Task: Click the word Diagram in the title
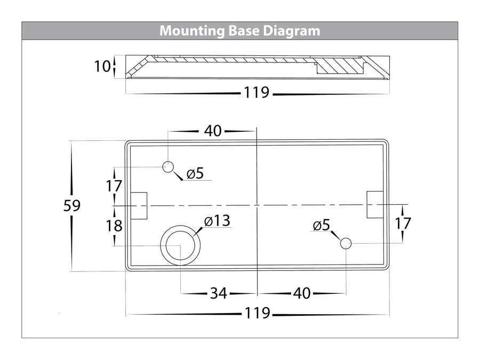pyautogui.click(x=292, y=31)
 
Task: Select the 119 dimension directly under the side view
pyautogui.click(x=257, y=93)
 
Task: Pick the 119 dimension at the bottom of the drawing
pyautogui.click(x=257, y=314)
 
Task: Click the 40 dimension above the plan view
pyautogui.click(x=212, y=131)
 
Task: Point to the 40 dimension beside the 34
pyautogui.click(x=302, y=293)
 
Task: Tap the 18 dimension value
pyautogui.click(x=114, y=226)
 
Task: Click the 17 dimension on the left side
pyautogui.click(x=114, y=186)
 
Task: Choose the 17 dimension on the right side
pyautogui.click(x=403, y=223)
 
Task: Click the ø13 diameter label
pyautogui.click(x=217, y=221)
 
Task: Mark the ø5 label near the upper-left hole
pyautogui.click(x=195, y=173)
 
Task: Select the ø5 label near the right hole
pyautogui.click(x=322, y=225)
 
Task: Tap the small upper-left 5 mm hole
pyautogui.click(x=168, y=167)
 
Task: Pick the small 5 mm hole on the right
pyautogui.click(x=346, y=244)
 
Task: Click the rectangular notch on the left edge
pyautogui.click(x=139, y=206)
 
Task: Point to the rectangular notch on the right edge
pyautogui.click(x=374, y=205)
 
